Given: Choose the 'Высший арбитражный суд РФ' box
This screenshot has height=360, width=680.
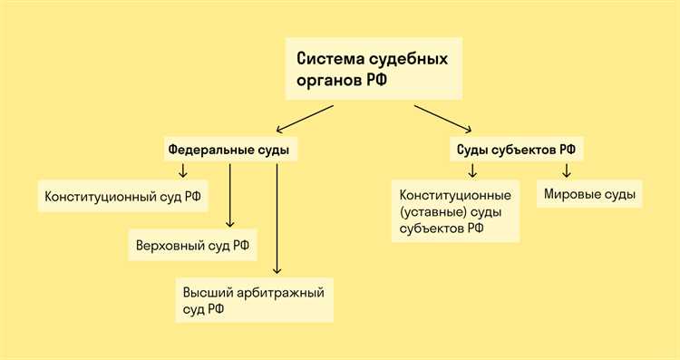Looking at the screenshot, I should tap(254, 300).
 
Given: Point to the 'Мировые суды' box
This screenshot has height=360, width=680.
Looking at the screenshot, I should tap(590, 194).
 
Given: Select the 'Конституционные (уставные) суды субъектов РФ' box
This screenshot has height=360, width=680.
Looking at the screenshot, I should tap(455, 211).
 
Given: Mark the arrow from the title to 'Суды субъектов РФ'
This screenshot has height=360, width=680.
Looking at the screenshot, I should tap(443, 119).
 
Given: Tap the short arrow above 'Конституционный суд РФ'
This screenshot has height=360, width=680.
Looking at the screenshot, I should tap(182, 170).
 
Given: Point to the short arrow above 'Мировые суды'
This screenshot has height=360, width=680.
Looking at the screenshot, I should tap(567, 170).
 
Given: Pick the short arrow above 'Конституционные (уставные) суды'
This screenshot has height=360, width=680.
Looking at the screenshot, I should tap(471, 170).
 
